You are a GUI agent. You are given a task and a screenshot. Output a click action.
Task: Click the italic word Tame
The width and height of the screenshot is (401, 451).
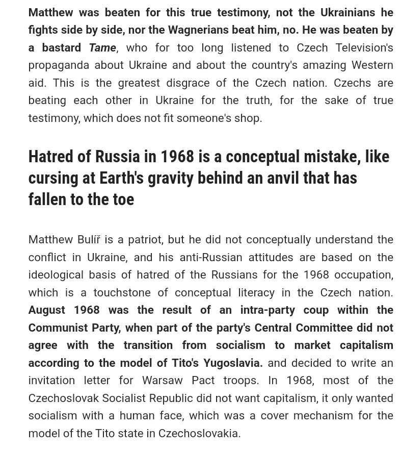click(102, 47)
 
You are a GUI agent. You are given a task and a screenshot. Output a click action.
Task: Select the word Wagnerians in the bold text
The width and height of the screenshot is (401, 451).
click(198, 30)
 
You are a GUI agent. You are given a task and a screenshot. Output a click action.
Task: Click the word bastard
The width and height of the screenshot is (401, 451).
click(62, 47)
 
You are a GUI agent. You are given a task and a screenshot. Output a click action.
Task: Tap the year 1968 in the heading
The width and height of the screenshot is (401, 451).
click(177, 157)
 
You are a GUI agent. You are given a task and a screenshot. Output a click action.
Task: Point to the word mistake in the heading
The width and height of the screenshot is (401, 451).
click(332, 157)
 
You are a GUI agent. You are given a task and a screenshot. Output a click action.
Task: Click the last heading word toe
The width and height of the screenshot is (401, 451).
click(123, 199)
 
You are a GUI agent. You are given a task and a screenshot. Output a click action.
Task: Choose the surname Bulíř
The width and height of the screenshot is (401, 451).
click(89, 240)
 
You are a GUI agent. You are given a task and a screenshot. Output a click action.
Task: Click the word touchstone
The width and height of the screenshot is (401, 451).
click(120, 293)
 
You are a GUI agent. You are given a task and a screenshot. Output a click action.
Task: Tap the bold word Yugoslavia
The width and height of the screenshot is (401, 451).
click(232, 363)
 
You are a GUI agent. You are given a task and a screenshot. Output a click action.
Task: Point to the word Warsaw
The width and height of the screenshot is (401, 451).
click(163, 381)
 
